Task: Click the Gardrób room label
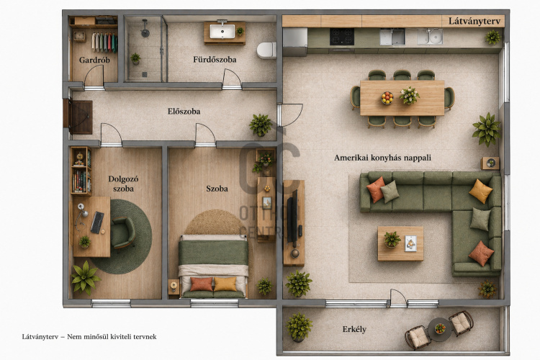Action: coord(94,60)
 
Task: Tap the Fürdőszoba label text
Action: coord(215,60)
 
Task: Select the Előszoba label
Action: coord(184,112)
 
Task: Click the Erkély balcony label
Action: coord(354,329)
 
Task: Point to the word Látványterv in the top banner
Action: coord(474,21)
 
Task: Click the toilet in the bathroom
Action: coord(266,50)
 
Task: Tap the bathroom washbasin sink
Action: coord(222,32)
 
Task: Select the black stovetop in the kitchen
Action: coord(341,37)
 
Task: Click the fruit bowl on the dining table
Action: coord(387,97)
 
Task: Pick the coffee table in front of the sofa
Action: coord(400,243)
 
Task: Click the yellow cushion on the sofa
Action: coord(480,192)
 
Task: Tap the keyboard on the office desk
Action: coord(97,222)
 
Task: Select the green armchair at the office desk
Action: coord(122,232)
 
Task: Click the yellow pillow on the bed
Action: coord(225,284)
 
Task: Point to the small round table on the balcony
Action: coord(440,329)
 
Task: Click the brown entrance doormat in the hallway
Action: coord(81,117)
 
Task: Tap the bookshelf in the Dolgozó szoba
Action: coord(81,171)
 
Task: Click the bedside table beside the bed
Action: coord(174,287)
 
